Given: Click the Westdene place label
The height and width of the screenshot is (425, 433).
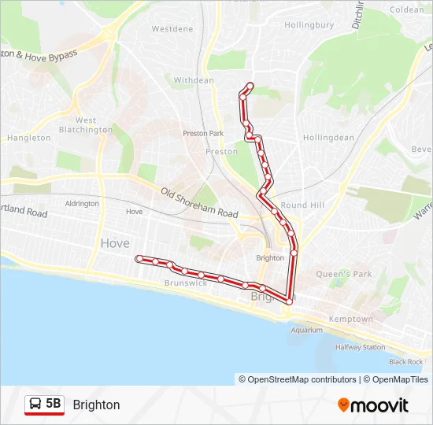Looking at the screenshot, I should pyautogui.click(x=172, y=29).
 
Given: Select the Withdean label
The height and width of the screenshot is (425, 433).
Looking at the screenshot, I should pyautogui.click(x=194, y=80).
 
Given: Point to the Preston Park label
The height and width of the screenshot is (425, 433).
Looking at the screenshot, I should pyautogui.click(x=203, y=134).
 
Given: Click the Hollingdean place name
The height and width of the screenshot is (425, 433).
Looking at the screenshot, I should pyautogui.click(x=328, y=137).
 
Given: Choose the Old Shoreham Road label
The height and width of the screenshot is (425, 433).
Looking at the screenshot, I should pyautogui.click(x=199, y=203).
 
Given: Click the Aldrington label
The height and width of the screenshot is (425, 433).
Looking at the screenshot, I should pyautogui.click(x=82, y=204).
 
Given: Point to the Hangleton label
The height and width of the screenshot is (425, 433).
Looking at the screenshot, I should pyautogui.click(x=29, y=138).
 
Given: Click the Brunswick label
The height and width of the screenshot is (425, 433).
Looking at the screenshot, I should pyautogui.click(x=186, y=283).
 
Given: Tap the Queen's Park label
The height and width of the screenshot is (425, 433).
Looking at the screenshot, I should pyautogui.click(x=344, y=274).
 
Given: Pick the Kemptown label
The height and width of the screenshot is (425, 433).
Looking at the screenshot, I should pyautogui.click(x=351, y=319).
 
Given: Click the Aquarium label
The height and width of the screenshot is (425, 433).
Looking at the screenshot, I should pyautogui.click(x=307, y=331).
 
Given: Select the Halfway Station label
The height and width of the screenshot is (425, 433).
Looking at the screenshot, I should pyautogui.click(x=361, y=347).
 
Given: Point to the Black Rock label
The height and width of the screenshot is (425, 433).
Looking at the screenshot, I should pyautogui.click(x=405, y=362).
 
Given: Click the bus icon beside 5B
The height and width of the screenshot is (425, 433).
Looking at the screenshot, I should pyautogui.click(x=35, y=405).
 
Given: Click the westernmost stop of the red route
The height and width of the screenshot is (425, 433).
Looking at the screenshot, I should pyautogui.click(x=139, y=258).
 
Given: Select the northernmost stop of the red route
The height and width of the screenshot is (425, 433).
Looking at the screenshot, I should pyautogui.click(x=250, y=85).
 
